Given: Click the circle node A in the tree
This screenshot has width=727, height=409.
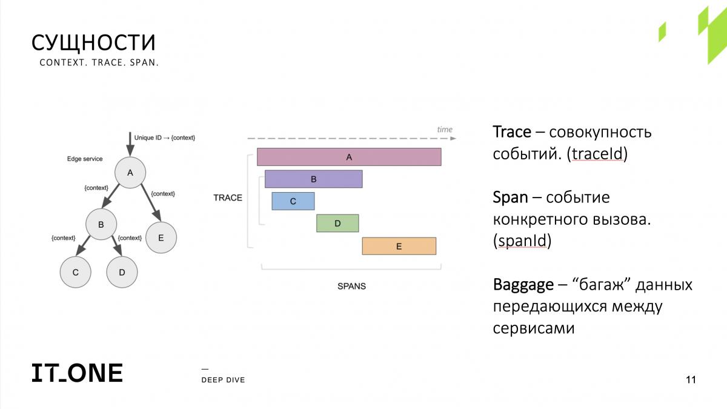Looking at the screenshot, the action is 130,173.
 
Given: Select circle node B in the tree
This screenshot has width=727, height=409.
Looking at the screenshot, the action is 101,224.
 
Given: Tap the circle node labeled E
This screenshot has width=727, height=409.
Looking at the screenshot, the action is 161,238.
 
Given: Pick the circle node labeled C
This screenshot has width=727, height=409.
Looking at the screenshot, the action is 76,272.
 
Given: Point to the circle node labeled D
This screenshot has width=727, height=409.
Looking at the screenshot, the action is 122,272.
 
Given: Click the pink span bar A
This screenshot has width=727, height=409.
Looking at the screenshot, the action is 349,157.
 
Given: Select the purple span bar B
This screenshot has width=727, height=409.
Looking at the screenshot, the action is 314,179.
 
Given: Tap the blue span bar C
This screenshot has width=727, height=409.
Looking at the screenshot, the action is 293,201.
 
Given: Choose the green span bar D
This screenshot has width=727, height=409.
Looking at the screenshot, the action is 337,224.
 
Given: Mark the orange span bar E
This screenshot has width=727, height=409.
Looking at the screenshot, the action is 399,246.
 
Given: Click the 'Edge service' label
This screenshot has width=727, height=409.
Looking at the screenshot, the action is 85,159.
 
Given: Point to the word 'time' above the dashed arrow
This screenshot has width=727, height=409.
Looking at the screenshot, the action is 445,129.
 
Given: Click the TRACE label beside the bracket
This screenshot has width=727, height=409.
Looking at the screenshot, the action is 228,198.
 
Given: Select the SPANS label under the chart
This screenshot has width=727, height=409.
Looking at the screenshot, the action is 351,286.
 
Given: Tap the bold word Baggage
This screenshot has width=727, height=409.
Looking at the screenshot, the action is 523,285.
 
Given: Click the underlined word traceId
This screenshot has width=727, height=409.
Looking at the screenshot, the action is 597,153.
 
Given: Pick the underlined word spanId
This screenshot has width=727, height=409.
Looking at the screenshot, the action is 522,241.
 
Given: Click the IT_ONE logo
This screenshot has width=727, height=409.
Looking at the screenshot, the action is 78,373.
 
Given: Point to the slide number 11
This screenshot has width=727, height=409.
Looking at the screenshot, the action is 691,379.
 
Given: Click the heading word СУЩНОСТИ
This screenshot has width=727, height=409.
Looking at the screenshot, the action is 93,42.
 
